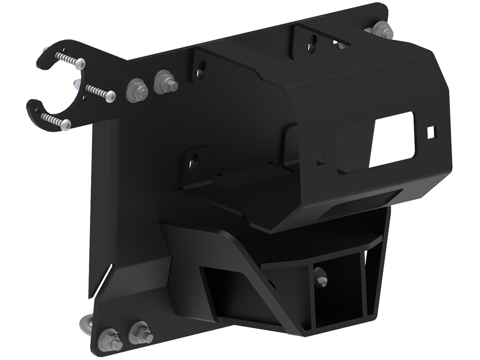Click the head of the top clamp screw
(80, 64)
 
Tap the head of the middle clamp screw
(110, 96)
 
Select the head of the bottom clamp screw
(65, 124)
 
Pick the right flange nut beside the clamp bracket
(165, 81)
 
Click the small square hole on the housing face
(431, 132)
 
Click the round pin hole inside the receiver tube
(320, 277)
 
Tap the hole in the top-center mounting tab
(313, 41)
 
